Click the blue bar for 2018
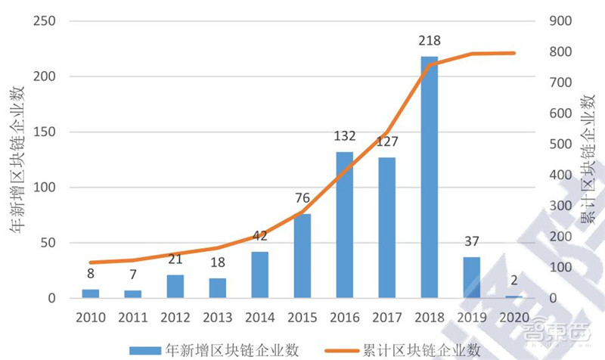pos(429,177)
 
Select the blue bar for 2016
pos(345,225)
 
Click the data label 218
pos(430,41)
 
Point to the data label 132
pos(345,137)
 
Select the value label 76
pos(302,199)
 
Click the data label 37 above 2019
pos(472,242)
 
